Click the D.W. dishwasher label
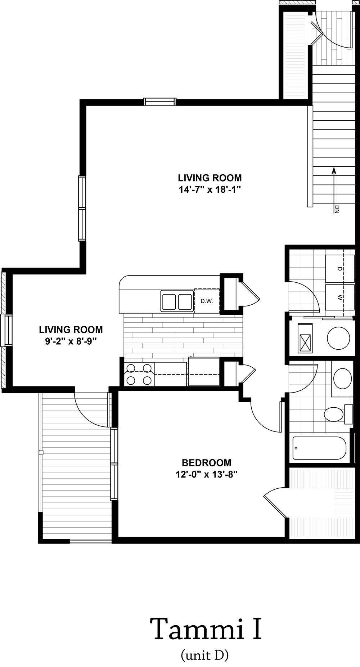[x=207, y=301]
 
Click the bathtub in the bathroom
[x=319, y=448]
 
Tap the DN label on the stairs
[x=337, y=209]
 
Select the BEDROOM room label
[x=206, y=462]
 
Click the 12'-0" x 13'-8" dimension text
[x=206, y=474]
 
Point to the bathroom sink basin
[x=342, y=378]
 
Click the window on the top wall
[x=160, y=102]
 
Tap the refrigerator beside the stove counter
[x=204, y=371]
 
